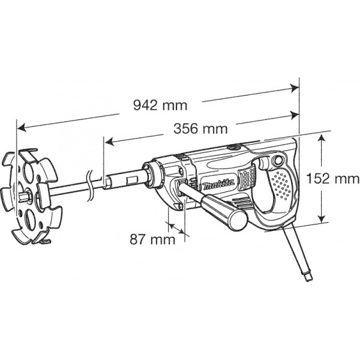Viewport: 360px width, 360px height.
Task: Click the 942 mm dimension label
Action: [x=160, y=104]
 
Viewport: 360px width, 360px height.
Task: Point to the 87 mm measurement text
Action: [x=153, y=239]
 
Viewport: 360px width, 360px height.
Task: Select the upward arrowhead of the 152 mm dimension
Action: [x=323, y=136]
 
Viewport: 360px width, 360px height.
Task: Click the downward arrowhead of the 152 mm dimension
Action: [x=323, y=220]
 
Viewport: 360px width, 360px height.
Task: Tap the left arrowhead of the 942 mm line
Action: [x=21, y=127]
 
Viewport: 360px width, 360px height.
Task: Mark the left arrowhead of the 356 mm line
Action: [x=107, y=142]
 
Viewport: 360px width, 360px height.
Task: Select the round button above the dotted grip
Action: [x=277, y=161]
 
